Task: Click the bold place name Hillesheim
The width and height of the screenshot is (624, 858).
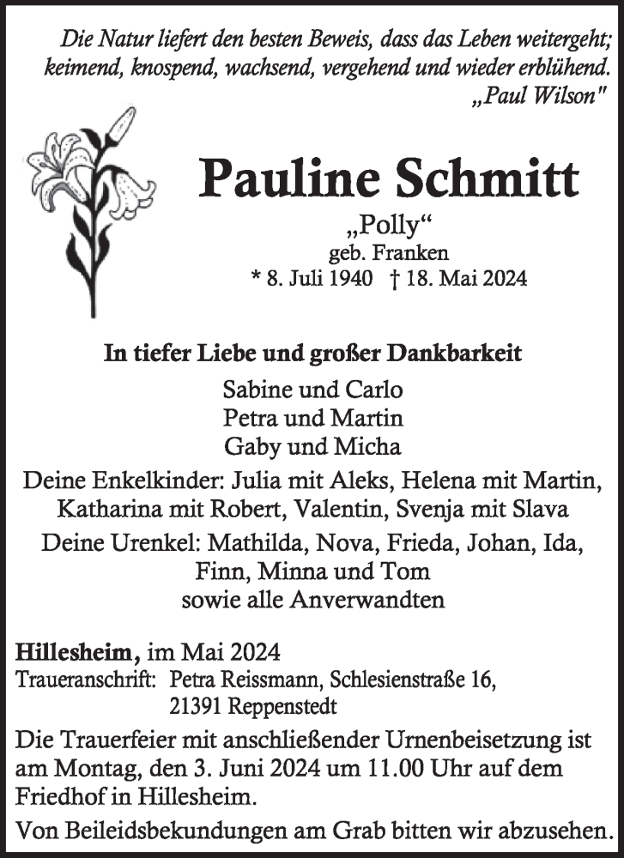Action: (x=77, y=653)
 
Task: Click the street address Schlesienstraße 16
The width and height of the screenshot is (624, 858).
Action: (x=413, y=681)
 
